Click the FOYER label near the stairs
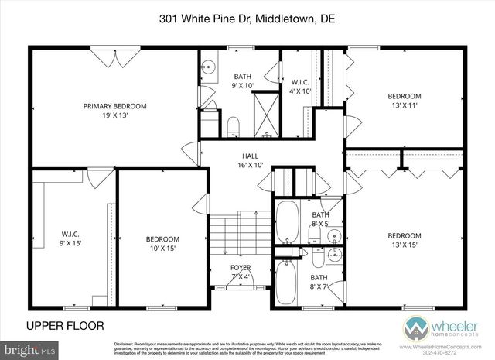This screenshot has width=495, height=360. click(x=241, y=267)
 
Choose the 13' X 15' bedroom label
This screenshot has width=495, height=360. click(x=405, y=241)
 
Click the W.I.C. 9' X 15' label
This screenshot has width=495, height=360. click(x=71, y=238)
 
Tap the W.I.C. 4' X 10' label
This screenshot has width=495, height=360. click(x=300, y=86)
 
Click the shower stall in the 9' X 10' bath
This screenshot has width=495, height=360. click(x=267, y=114)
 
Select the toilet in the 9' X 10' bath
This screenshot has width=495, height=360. click(x=233, y=125)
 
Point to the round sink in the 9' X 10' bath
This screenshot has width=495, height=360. click(x=208, y=68)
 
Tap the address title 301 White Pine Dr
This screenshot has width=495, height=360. click(x=247, y=18)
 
